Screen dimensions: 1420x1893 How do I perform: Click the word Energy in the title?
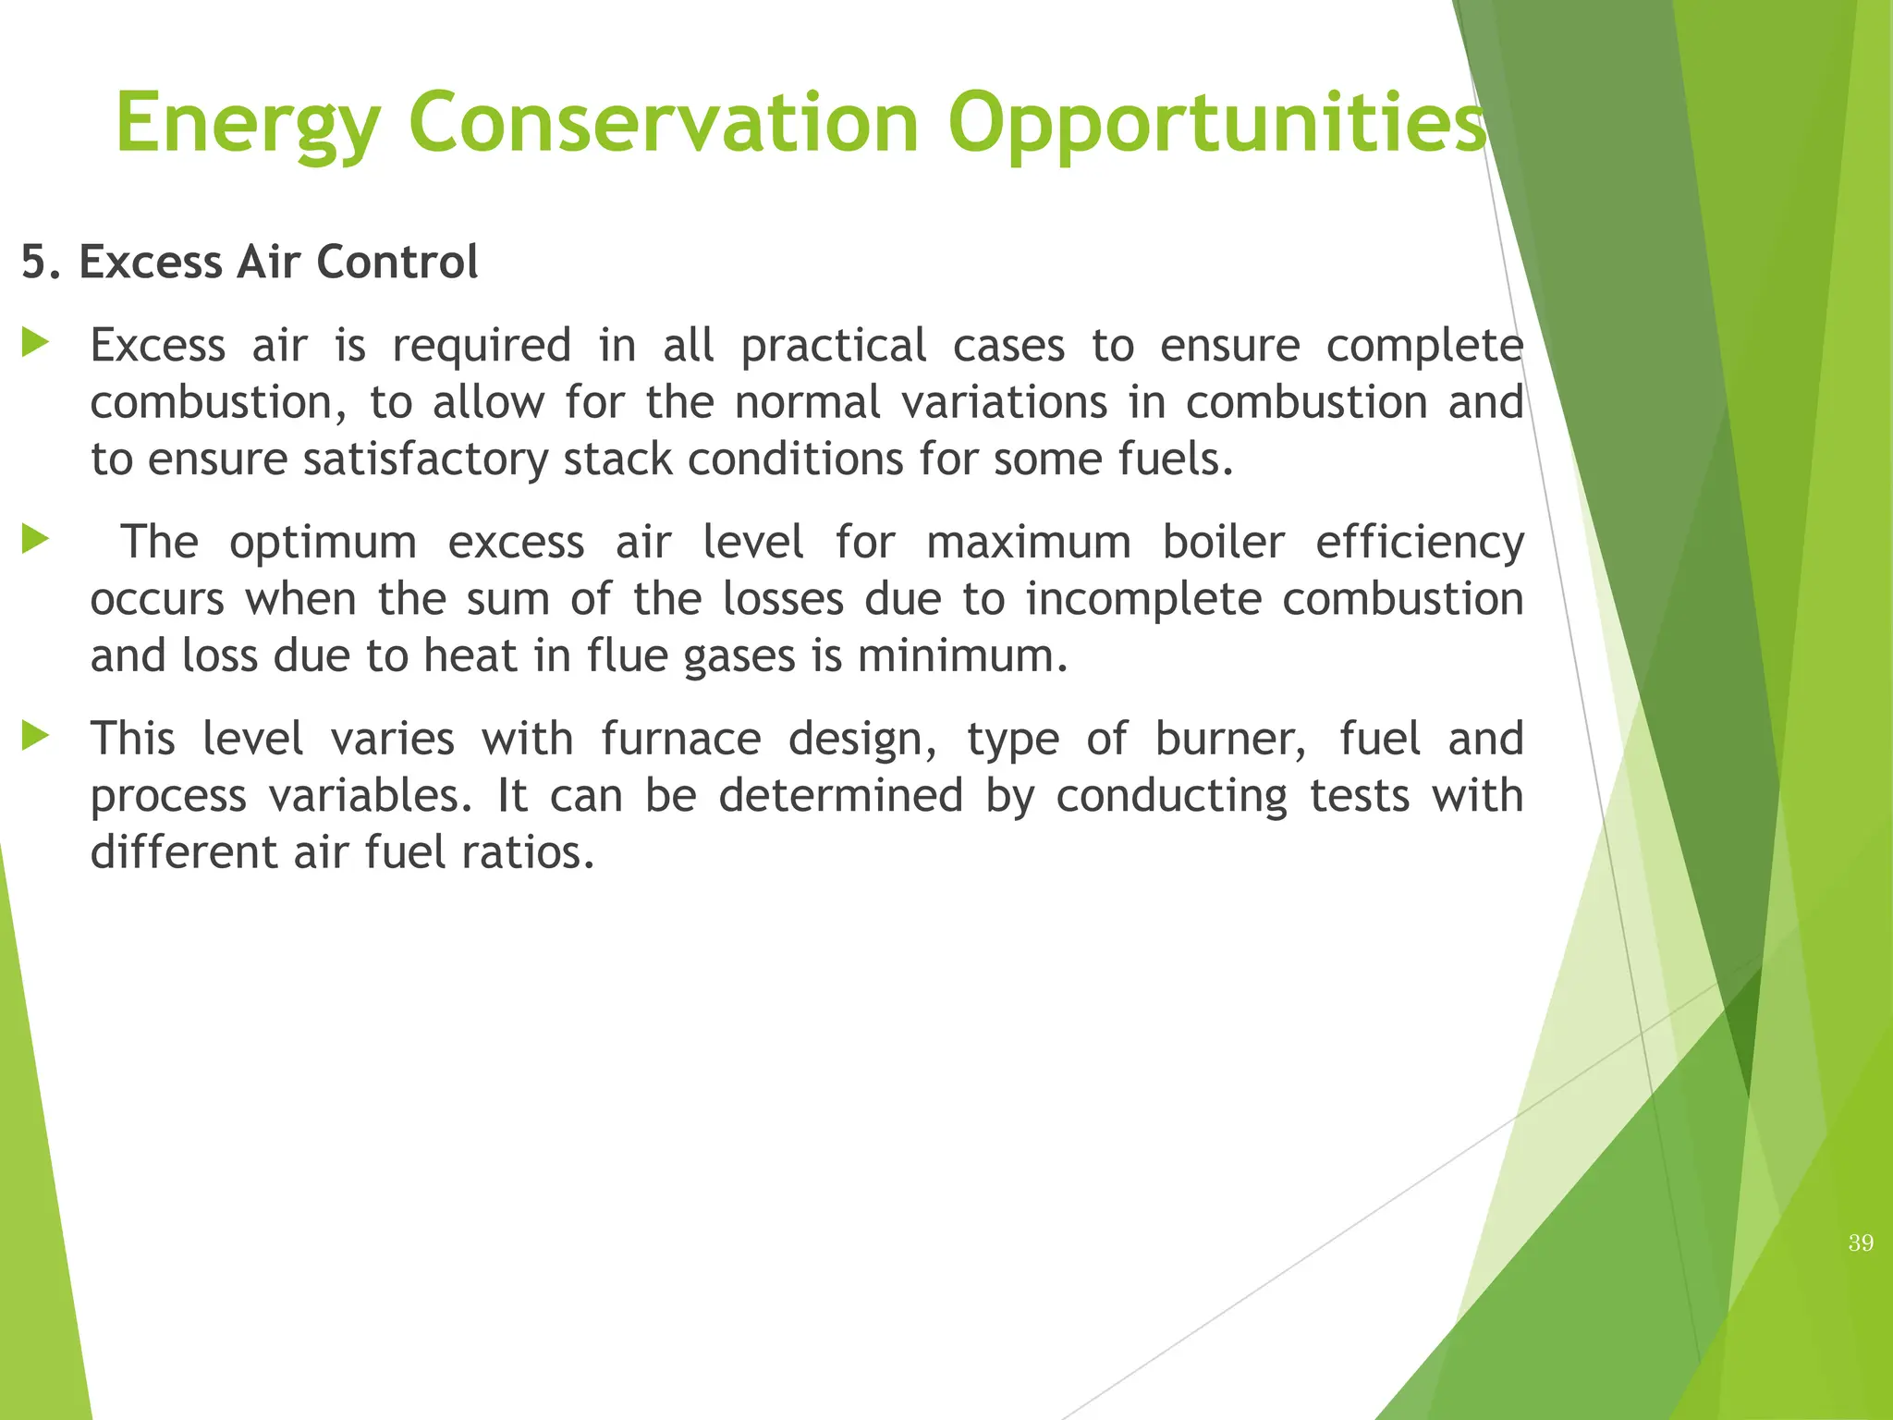(x=247, y=124)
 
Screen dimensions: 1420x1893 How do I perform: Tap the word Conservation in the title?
(x=663, y=124)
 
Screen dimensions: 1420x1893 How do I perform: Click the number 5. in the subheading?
(x=43, y=262)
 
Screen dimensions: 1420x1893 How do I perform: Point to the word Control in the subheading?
(x=397, y=262)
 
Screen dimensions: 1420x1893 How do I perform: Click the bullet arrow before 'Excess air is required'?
(x=35, y=344)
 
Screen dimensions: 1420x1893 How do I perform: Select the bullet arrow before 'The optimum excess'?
(x=35, y=540)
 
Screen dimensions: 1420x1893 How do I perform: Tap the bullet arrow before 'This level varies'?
(x=35, y=737)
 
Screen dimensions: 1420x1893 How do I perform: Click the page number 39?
(x=1861, y=1242)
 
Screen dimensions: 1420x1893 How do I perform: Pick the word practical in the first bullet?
(x=833, y=347)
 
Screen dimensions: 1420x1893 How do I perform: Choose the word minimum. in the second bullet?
(x=962, y=656)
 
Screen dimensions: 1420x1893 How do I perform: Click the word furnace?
(x=680, y=739)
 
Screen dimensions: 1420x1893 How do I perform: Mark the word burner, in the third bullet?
(x=1230, y=739)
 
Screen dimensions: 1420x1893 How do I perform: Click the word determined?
(x=840, y=796)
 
